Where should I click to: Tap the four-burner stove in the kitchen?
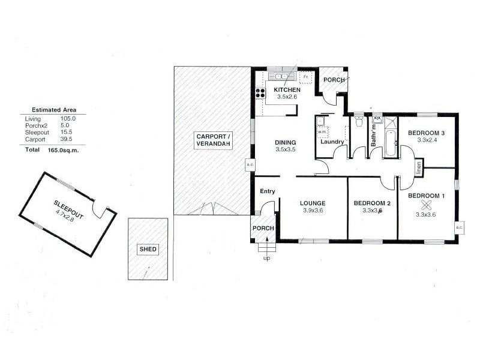(x=261, y=93)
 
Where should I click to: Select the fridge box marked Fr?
(x=306, y=77)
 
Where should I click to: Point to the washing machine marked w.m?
(x=321, y=131)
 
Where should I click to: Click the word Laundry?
(x=332, y=142)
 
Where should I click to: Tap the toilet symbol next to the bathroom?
(x=359, y=122)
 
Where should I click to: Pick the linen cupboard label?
(x=418, y=167)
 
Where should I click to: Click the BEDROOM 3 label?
(x=426, y=133)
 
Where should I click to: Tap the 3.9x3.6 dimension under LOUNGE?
(x=313, y=210)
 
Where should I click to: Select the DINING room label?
(x=286, y=142)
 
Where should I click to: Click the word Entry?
(x=267, y=191)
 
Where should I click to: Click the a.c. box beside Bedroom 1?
(x=459, y=228)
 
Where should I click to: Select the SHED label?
(x=146, y=249)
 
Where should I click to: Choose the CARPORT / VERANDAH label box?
(x=213, y=141)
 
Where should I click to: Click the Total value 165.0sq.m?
(x=63, y=151)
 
